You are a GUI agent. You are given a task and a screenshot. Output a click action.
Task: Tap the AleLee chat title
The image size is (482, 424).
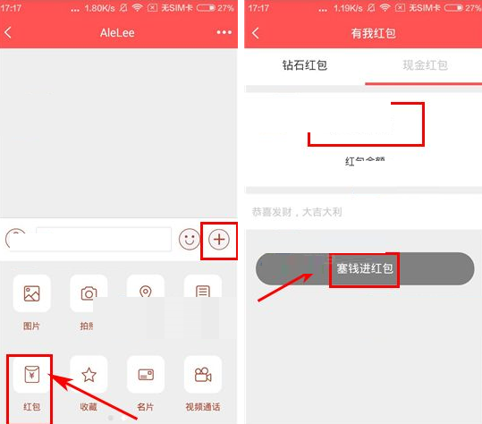[x=118, y=32]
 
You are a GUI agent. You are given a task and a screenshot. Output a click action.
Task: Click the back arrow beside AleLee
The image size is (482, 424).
[x=9, y=32]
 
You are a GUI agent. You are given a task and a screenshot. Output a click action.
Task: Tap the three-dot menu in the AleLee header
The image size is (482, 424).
[x=224, y=32]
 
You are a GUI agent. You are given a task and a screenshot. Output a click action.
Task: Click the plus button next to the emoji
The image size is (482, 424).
[x=219, y=239]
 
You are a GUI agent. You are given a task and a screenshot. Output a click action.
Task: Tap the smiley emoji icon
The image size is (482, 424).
[x=189, y=239]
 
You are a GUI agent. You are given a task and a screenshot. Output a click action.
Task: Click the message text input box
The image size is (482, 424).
[x=103, y=239]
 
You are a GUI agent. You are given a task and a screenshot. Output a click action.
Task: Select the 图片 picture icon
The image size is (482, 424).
[x=32, y=293]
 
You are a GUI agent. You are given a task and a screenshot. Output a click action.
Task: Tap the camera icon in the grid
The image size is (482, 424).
[x=89, y=293]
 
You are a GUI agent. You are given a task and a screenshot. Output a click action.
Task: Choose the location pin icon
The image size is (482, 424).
[x=146, y=293]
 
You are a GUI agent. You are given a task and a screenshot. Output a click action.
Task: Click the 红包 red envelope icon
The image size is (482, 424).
[x=32, y=375]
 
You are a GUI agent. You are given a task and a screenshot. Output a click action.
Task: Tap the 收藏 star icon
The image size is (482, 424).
[x=89, y=375]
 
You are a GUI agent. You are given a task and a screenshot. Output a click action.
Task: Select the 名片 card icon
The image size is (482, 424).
[x=146, y=375]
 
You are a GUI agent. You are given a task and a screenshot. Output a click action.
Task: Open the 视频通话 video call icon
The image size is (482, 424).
[x=202, y=375]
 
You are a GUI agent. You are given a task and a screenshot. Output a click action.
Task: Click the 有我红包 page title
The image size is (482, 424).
[x=373, y=33]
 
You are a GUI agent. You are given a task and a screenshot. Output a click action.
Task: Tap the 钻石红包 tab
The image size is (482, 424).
[x=304, y=65]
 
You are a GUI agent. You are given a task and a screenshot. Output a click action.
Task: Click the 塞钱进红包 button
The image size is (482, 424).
[x=365, y=268]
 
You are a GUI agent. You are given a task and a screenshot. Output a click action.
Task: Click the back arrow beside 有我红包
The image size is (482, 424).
[x=256, y=33]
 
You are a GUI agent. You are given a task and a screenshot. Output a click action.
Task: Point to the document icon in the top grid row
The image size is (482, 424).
[x=202, y=293]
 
